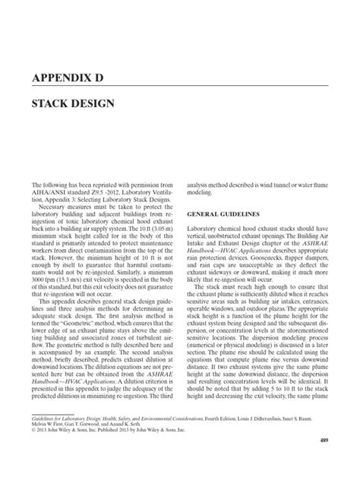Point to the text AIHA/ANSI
[x=48, y=191]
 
